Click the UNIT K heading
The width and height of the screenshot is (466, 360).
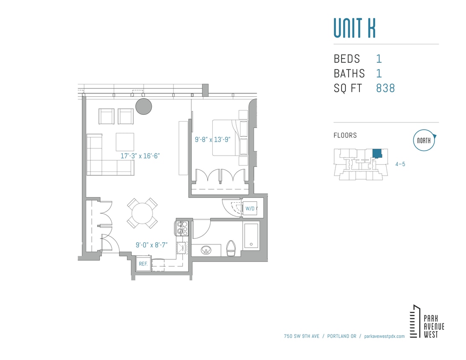pos(354,28)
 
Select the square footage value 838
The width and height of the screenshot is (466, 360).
pos(385,88)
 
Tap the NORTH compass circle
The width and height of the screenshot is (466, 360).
pos(424,141)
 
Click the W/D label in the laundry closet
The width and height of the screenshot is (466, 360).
pos(250,209)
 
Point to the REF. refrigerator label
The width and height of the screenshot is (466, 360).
pos(143,264)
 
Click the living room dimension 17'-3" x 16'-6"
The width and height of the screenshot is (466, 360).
pos(140,156)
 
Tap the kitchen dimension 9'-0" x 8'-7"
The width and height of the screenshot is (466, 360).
pos(152,245)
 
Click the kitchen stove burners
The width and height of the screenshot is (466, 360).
pos(183,228)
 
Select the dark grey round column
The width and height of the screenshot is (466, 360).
pos(144,107)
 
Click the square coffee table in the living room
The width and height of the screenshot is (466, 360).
pos(125,142)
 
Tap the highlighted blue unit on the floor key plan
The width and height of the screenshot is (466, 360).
pos(377,154)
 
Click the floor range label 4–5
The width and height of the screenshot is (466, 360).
pos(400,164)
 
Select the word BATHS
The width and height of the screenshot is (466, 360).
pos(349,73)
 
